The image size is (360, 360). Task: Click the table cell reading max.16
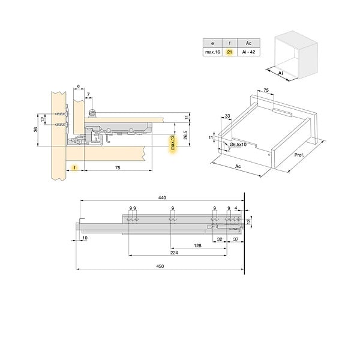[212, 52]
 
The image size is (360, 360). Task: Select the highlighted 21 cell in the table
[230, 52]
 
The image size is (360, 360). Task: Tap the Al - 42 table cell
[248, 52]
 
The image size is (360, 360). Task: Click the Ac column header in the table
[248, 43]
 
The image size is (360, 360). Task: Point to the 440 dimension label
[162, 197]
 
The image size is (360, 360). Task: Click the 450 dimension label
[160, 266]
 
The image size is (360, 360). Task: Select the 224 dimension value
[174, 253]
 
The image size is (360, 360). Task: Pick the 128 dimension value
[197, 245]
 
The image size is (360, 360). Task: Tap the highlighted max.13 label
[172, 143]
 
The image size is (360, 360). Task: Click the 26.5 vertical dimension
[185, 135]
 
